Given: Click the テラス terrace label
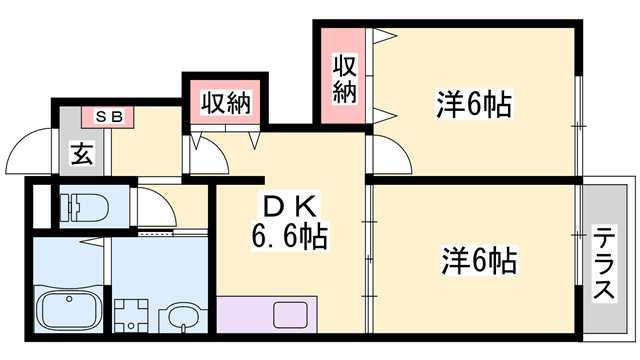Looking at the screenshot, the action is (x=605, y=263).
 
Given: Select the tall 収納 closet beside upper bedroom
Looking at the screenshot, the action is (x=345, y=79).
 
